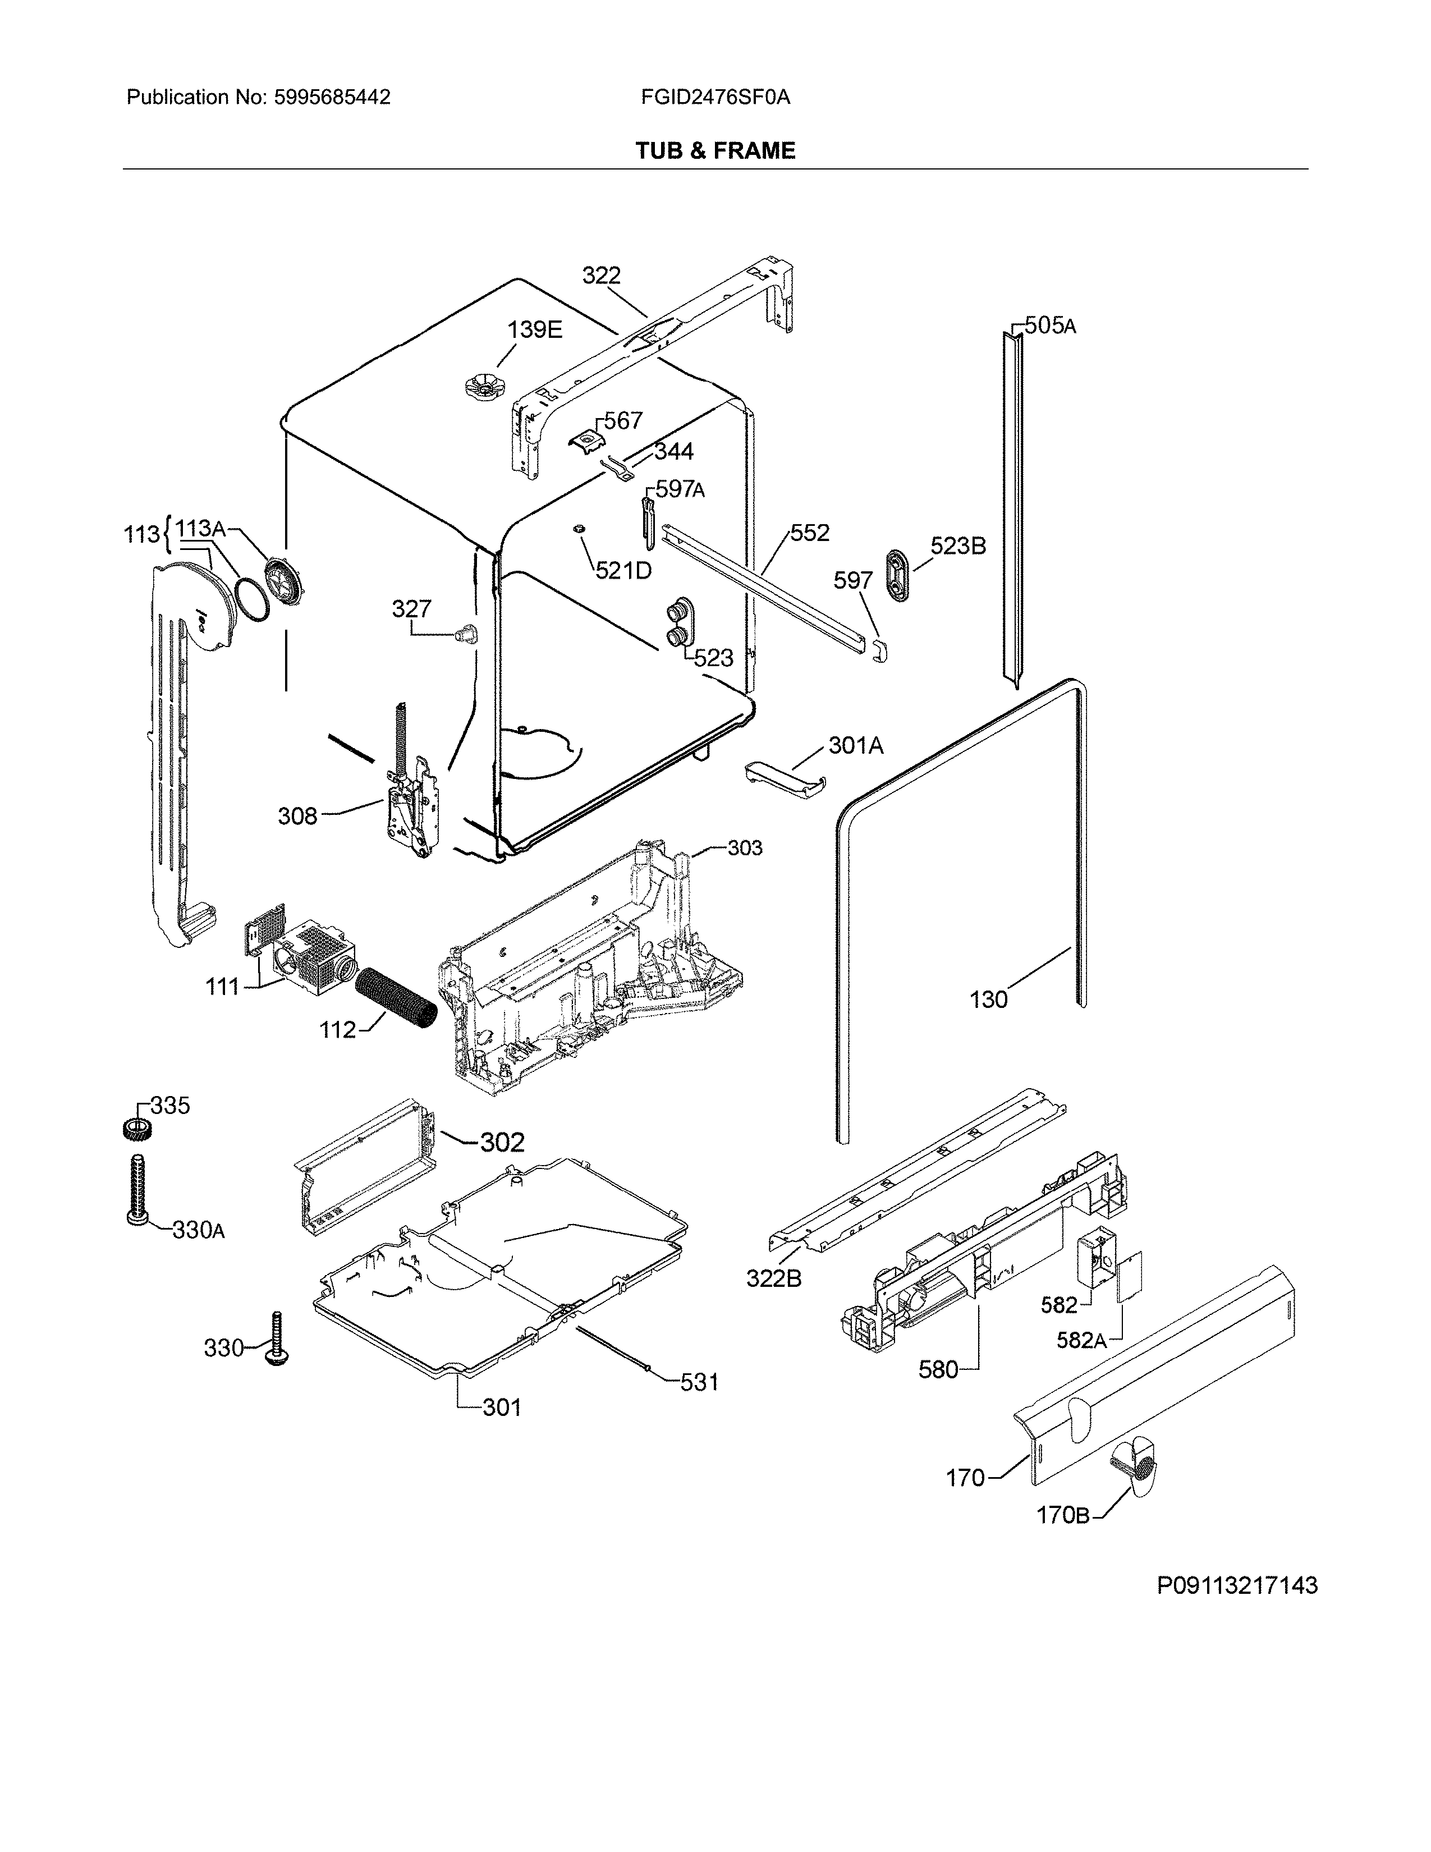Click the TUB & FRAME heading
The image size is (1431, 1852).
tap(714, 151)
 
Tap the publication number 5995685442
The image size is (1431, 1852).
tap(332, 98)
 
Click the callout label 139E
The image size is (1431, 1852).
tap(534, 330)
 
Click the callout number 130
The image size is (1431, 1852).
tap(988, 1000)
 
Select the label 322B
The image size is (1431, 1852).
tap(773, 1279)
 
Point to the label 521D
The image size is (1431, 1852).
tap(623, 571)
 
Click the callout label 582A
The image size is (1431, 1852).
tap(1081, 1341)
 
